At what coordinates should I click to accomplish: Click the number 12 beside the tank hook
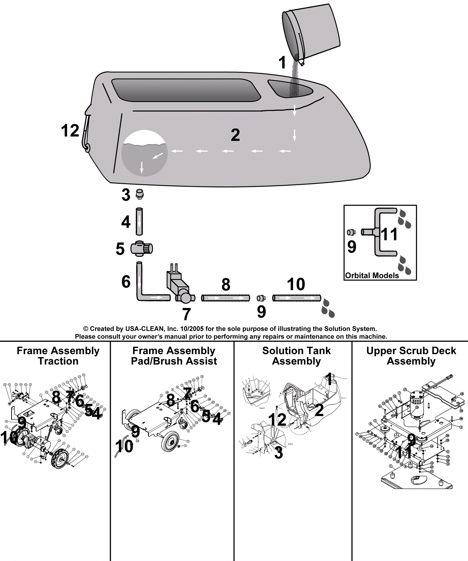coord(70,131)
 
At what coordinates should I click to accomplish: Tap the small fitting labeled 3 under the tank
coord(140,194)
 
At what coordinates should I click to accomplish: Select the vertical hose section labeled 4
coord(139,221)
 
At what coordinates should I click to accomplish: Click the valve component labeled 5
coord(142,249)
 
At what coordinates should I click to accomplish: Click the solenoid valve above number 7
coord(178,285)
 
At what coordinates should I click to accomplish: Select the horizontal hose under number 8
coord(226,298)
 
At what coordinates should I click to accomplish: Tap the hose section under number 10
coord(296,298)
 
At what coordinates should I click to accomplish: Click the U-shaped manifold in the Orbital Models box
coord(380,232)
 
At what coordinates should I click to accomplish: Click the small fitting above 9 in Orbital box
coord(351,233)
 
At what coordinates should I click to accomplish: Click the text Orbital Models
coord(372,276)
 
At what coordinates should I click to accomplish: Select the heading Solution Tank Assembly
coord(296,356)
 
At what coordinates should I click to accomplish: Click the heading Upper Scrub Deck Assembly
coord(411,356)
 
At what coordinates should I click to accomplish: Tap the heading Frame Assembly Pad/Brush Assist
coord(174,356)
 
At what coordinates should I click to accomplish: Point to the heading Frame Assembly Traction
coord(58,356)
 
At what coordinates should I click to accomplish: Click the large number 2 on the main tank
coord(235,135)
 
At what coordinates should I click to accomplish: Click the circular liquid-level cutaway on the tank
coord(144,153)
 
